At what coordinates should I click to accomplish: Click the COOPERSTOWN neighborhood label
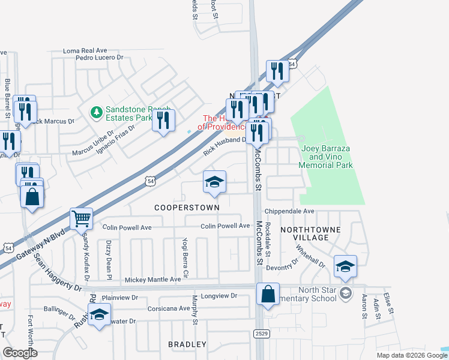187,207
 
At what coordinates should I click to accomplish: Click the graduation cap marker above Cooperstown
214,182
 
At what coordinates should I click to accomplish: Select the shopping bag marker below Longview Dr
268,295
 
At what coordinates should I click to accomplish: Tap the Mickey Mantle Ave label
152,280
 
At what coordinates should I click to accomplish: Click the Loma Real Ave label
85,51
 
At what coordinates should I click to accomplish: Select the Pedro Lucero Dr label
99,58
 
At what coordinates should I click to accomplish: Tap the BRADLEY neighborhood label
187,345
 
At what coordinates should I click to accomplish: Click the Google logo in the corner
20,353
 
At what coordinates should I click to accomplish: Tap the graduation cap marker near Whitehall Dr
345,266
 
